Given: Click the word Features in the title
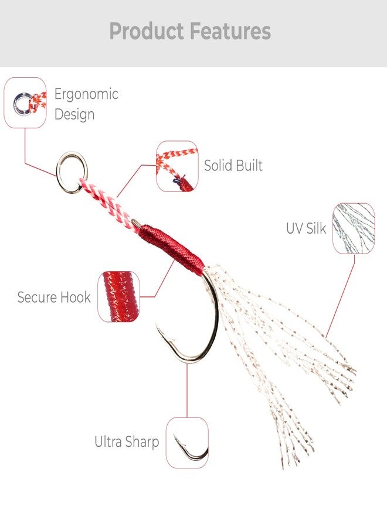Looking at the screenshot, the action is (230, 31).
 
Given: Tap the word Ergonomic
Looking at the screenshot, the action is (86, 95).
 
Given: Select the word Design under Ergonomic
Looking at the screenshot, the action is (74, 114).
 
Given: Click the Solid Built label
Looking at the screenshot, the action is (233, 165).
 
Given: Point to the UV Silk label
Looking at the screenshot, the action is (306, 228).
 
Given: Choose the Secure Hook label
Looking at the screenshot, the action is (54, 297).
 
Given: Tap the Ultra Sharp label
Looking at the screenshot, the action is (127, 442).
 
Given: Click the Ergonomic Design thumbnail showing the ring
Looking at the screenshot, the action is (25, 103).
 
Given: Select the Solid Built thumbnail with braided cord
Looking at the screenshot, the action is (177, 166).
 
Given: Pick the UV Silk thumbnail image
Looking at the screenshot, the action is (354, 228).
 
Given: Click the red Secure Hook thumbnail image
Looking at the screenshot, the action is (119, 296).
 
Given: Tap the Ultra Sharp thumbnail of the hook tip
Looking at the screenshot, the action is (187, 443).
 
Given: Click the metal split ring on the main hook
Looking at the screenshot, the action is (58, 174).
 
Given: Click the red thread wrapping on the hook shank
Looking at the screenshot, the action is (172, 249).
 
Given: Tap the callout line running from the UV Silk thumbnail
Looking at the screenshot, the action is (341, 296).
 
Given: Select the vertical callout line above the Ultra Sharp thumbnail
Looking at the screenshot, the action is (187, 390).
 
